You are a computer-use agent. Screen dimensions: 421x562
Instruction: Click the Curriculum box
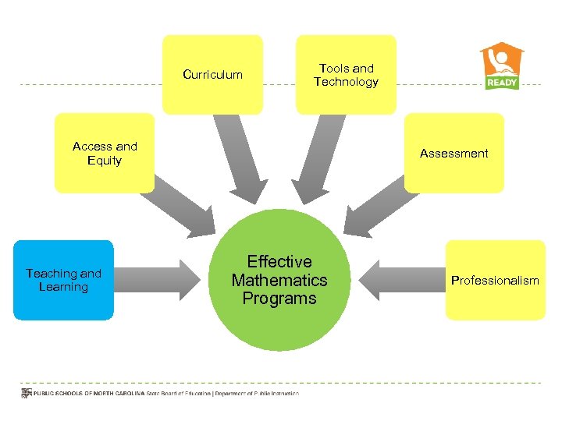pyautogui.click(x=212, y=75)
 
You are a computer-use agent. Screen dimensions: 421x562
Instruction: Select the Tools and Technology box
pyautogui.click(x=346, y=75)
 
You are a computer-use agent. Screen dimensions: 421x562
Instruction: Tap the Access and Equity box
pyautogui.click(x=105, y=153)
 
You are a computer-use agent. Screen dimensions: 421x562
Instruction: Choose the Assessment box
pyautogui.click(x=454, y=153)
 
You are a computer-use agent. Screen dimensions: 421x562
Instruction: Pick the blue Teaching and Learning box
pyautogui.click(x=63, y=280)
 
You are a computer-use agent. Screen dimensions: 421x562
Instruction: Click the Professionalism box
pyautogui.click(x=495, y=280)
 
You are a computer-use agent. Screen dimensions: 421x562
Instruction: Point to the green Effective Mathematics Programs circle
pyautogui.click(x=279, y=281)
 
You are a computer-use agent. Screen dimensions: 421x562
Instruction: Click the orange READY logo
pyautogui.click(x=502, y=66)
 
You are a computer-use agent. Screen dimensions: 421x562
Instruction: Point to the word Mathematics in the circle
pyautogui.click(x=279, y=280)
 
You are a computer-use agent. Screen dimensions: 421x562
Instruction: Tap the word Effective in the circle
pyautogui.click(x=279, y=262)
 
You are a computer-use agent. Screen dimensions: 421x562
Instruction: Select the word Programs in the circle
pyautogui.click(x=279, y=299)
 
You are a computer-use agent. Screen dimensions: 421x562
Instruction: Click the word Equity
pyautogui.click(x=105, y=161)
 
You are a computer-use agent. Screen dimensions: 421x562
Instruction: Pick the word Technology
pyautogui.click(x=346, y=82)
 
